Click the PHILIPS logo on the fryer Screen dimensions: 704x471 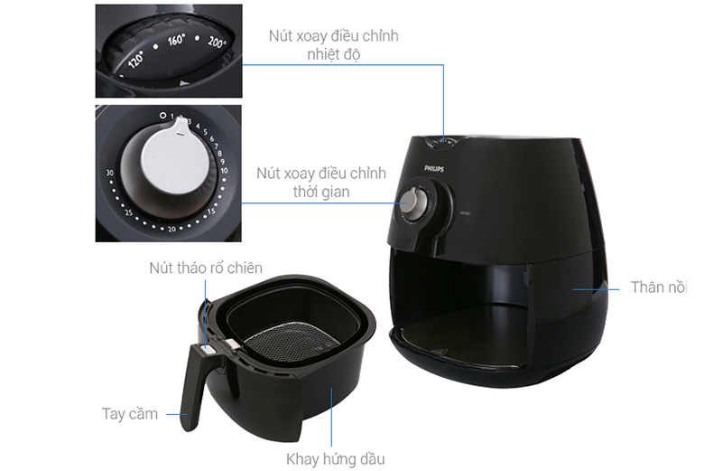[434, 169]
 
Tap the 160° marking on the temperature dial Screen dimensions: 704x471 [176, 40]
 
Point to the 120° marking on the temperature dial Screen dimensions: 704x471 [136, 59]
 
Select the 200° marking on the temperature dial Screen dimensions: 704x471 [217, 42]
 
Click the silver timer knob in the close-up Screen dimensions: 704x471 [176, 156]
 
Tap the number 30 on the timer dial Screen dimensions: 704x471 [110, 173]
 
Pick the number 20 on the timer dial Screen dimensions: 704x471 [172, 229]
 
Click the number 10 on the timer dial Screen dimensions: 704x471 [224, 171]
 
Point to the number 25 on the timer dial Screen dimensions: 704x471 [129, 212]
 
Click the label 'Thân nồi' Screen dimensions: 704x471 [659, 287]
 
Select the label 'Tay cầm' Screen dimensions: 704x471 [130, 413]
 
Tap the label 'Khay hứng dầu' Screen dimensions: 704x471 [336, 459]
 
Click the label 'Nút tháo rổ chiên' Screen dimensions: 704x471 [206, 268]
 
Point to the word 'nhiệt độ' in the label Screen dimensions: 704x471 [334, 54]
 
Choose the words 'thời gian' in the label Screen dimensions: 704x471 [321, 192]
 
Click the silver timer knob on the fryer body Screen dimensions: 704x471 [412, 203]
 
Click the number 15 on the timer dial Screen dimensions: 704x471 [211, 211]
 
